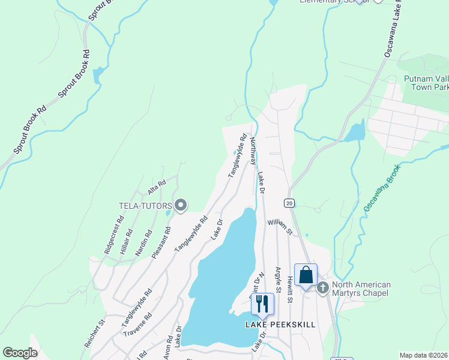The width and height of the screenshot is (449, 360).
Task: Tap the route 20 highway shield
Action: coord(289,203)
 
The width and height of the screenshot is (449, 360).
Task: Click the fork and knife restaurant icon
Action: coord(262,304)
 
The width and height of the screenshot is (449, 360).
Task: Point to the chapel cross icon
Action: coord(323,289)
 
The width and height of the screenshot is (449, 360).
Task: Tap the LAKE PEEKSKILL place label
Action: coord(280,325)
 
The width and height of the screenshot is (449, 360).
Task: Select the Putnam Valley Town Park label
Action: coord(426,83)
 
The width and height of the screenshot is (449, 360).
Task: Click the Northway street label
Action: coord(253,151)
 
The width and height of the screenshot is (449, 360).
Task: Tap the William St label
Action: coord(280,227)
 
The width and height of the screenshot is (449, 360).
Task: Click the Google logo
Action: coord(20,353)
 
